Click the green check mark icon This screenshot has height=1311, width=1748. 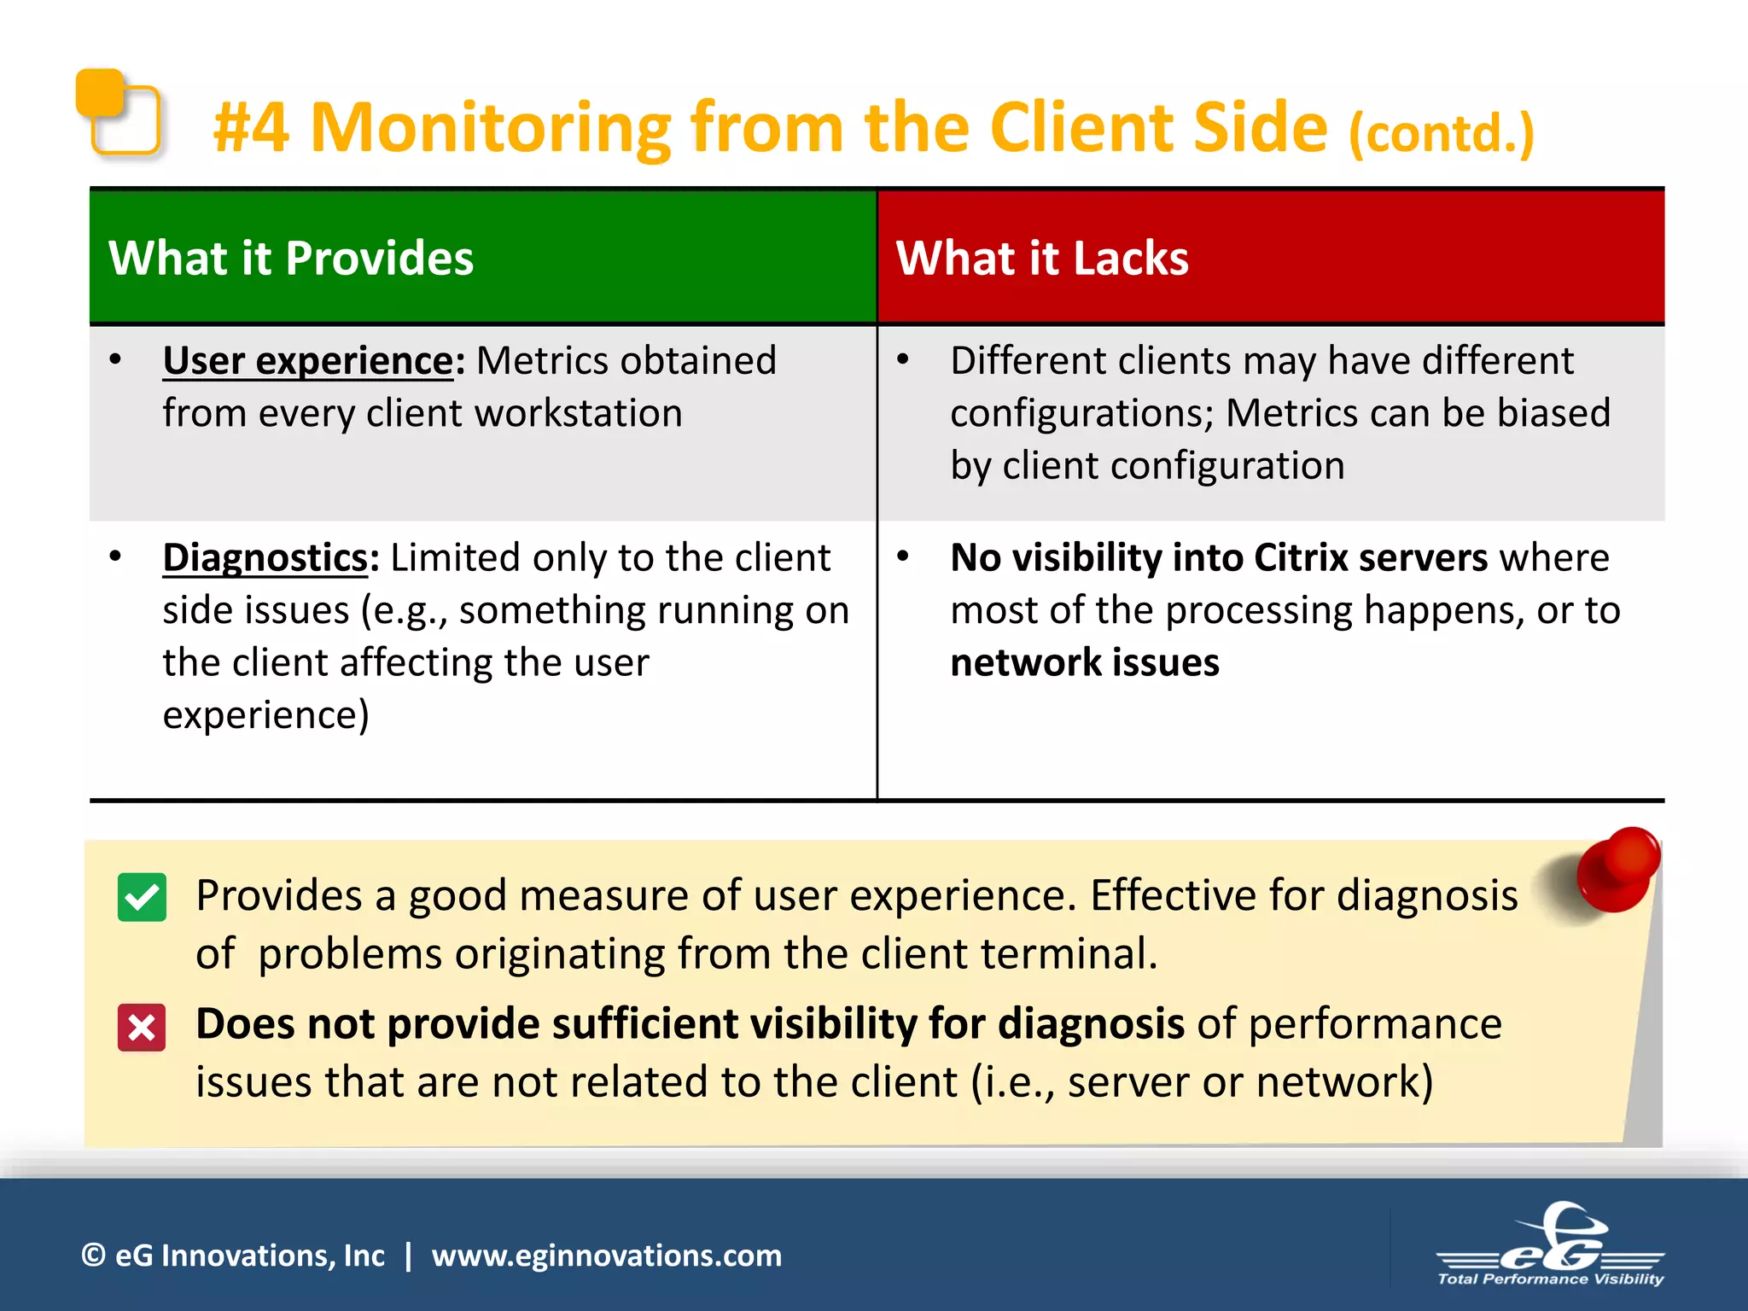click(142, 897)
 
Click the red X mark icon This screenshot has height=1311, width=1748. click(142, 1027)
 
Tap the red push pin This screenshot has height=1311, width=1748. click(1617, 869)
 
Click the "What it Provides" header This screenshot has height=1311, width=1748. click(291, 258)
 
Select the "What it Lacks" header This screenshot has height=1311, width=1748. click(1041, 258)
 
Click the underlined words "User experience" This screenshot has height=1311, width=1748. click(308, 360)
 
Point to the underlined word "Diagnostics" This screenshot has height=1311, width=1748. click(265, 557)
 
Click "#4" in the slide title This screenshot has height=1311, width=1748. click(251, 128)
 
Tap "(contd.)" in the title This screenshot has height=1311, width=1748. click(1442, 134)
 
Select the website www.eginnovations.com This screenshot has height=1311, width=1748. click(606, 1256)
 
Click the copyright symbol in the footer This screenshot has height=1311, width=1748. click(93, 1256)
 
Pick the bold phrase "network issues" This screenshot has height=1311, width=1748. click(1085, 662)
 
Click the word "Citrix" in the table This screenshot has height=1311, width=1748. click(1301, 557)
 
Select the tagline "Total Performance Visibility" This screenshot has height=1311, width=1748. click(1550, 1279)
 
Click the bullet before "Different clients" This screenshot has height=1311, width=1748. click(903, 360)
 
